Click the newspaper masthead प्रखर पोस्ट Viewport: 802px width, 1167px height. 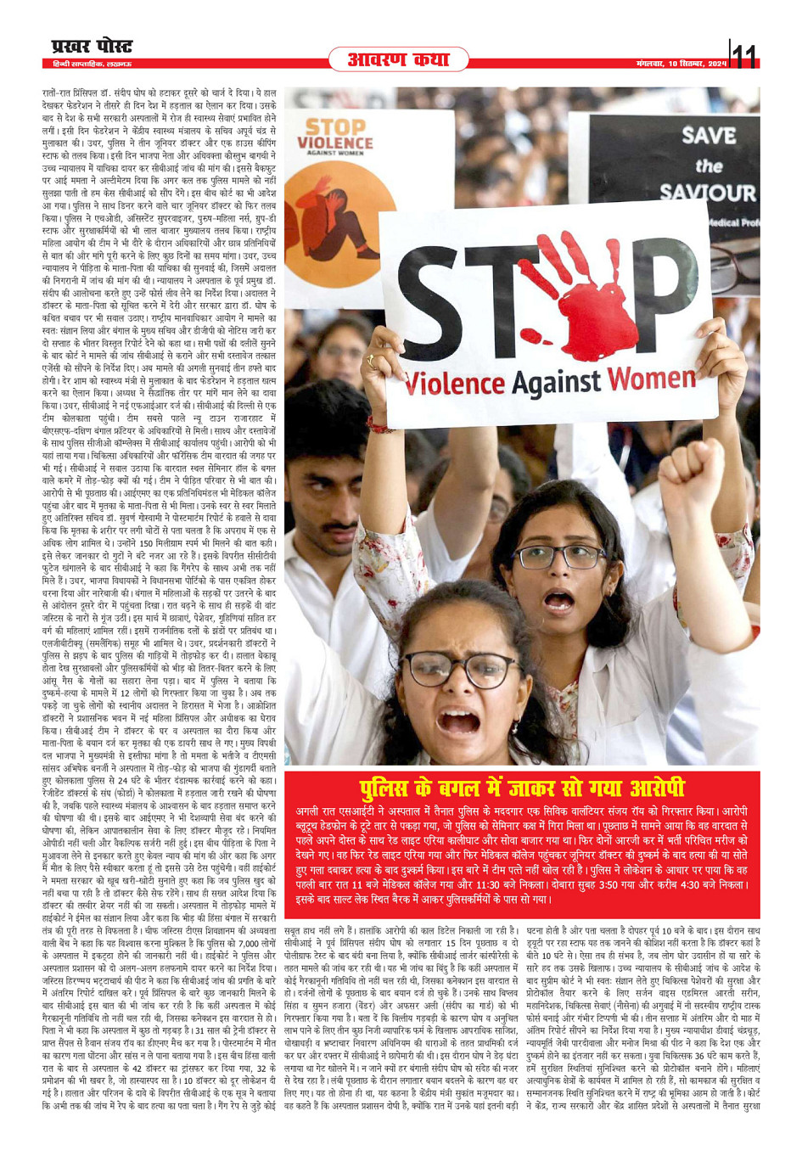point(90,46)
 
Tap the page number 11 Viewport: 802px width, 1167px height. point(743,56)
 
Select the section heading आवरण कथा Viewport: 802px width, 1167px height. point(398,59)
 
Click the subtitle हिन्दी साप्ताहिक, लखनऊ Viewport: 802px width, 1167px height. point(88,64)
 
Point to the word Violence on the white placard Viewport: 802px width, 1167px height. point(454,386)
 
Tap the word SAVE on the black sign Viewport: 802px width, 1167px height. point(708,135)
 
